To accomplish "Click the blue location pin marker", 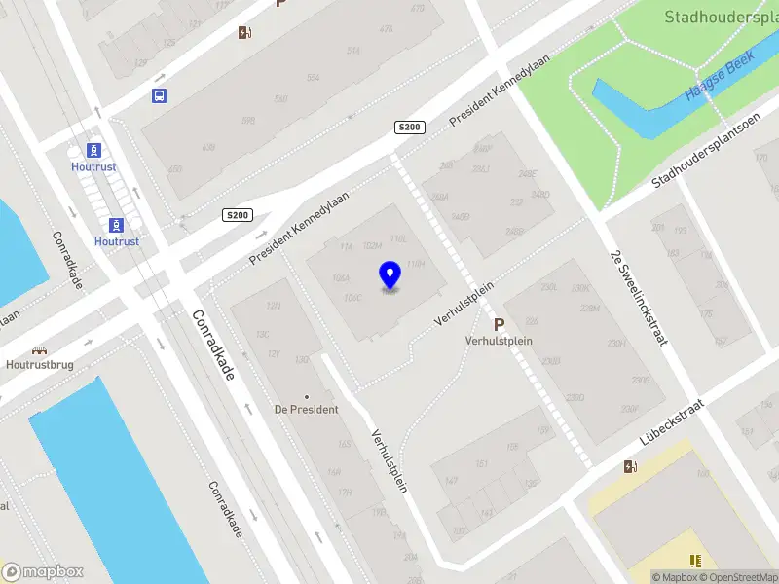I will coord(390,275).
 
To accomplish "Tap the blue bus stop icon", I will coord(159,95).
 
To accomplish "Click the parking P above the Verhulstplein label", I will coord(499,325).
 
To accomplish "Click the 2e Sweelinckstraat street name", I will coord(639,297).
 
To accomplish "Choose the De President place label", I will coord(306,409).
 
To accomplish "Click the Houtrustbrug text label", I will coord(39,366).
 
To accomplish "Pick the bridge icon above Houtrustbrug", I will coord(40,350).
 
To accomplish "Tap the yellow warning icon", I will coord(695,561).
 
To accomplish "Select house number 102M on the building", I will coord(371,246).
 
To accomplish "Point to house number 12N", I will coord(274,306).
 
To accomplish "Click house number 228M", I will coord(589,309).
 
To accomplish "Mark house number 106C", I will coord(352,297).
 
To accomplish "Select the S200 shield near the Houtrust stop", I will coord(238,215).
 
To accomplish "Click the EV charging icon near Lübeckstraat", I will coord(631,466).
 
